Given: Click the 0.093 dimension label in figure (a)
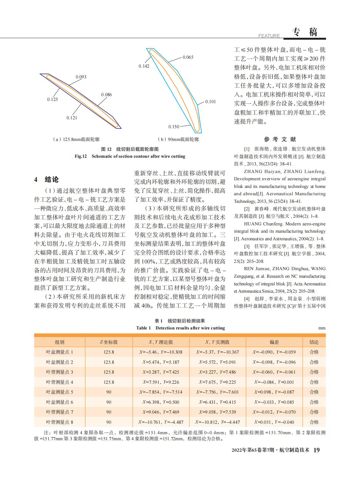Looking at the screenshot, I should (81, 77).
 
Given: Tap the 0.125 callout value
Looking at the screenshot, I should (53, 99).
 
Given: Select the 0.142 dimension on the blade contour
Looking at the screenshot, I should (144, 66).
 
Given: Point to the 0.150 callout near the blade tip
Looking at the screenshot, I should (174, 127).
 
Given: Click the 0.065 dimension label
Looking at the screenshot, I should (188, 57).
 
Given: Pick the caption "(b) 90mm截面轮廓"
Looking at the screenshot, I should (178, 139).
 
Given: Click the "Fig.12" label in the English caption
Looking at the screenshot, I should (81, 156).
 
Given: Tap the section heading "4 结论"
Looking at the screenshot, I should (46, 180).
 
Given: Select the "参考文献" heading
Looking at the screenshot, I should (280, 139).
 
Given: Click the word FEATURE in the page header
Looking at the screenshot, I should (269, 36).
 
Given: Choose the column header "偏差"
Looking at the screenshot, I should (274, 342).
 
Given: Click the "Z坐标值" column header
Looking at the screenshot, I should (109, 342).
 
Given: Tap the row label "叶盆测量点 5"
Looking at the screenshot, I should (59, 392).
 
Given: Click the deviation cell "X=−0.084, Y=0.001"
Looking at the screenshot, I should (274, 382).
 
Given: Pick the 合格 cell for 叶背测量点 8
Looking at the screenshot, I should (314, 422).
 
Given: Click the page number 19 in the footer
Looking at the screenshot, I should (317, 450).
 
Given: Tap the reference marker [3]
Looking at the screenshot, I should (247, 246).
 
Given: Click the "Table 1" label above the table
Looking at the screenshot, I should (143, 328).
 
